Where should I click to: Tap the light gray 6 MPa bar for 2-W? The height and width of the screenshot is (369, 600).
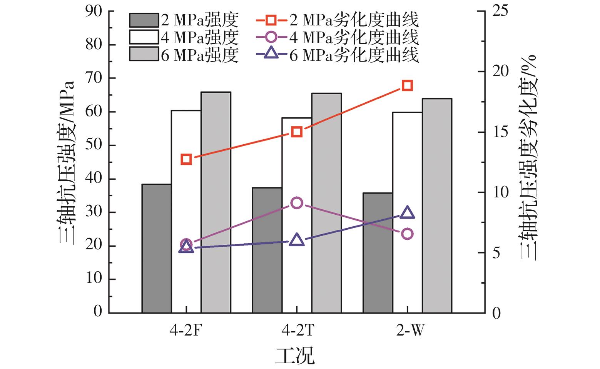(x=437, y=205)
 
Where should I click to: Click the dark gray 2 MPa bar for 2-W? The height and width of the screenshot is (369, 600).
(x=378, y=252)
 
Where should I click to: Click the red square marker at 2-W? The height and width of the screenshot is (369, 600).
(x=407, y=85)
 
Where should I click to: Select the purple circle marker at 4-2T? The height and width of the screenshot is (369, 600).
(x=297, y=203)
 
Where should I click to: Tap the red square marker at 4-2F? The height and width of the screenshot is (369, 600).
(x=186, y=159)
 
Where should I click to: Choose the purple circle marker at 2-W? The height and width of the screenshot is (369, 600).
(x=407, y=234)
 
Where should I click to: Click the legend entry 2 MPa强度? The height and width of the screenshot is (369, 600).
(x=184, y=19)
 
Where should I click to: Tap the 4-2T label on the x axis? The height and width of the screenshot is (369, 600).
(x=297, y=330)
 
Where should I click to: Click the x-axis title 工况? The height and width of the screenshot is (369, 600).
(x=294, y=356)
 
